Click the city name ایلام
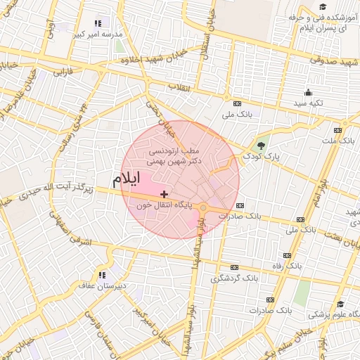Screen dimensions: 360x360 tap(127, 179)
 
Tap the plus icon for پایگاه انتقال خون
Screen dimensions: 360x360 tap(164, 194)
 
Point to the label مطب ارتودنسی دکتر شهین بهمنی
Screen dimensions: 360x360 tap(176, 155)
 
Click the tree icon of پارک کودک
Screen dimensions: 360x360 tap(262, 146)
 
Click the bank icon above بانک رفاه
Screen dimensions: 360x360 tap(287, 255)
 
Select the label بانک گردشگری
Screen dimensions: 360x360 tap(233, 278)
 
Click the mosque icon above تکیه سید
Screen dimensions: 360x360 tap(308, 93)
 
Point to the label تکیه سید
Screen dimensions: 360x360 tap(308, 103)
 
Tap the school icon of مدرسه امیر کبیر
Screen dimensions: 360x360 tap(98, 24)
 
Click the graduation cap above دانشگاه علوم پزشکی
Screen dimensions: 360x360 tap(341, 304)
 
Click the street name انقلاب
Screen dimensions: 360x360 tap(181, 86)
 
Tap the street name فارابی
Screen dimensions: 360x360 tap(64, 72)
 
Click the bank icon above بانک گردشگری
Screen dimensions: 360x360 tap(234, 268)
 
